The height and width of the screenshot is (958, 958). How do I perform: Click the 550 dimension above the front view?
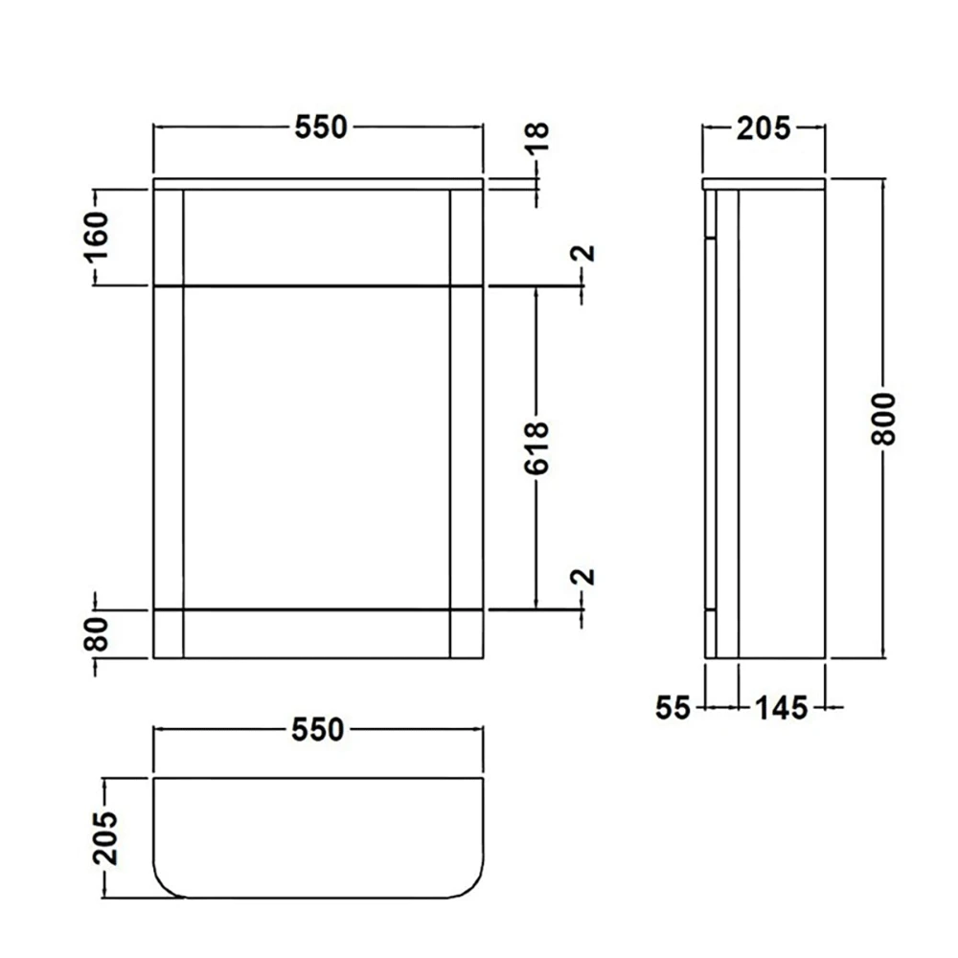coord(319,127)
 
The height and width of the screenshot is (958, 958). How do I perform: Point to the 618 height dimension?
coord(537,447)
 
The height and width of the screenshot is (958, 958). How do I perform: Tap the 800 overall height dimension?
coord(885,418)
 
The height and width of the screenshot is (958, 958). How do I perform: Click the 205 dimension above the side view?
coord(764,127)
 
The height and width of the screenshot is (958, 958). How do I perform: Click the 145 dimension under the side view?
coord(783,708)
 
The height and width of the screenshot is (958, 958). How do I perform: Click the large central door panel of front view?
coord(316,447)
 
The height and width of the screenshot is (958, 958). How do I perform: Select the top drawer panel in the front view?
coord(316,238)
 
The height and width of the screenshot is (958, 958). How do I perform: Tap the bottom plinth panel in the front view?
coord(316,634)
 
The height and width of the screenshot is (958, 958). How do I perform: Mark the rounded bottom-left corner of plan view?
coord(165,886)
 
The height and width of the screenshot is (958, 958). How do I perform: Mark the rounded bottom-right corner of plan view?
coord(472,886)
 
